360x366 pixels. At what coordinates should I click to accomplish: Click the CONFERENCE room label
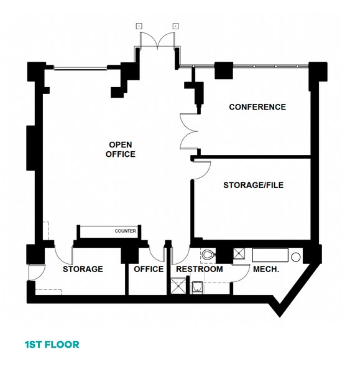pyautogui.click(x=257, y=107)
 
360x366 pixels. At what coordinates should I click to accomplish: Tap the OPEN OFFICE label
pyautogui.click(x=121, y=149)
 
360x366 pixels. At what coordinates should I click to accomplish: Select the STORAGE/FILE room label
pyautogui.click(x=249, y=185)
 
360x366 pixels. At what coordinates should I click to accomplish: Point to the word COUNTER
pyautogui.click(x=125, y=232)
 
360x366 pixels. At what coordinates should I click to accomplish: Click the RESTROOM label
pyautogui.click(x=199, y=270)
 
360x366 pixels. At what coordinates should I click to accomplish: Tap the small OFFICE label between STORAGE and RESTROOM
pyautogui.click(x=149, y=270)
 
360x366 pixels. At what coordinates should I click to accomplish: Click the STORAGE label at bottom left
pyautogui.click(x=83, y=270)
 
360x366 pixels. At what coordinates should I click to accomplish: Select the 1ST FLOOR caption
pyautogui.click(x=52, y=344)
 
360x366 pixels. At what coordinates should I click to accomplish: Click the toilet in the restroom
pyautogui.click(x=208, y=255)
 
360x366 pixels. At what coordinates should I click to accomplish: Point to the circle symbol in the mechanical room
pyautogui.click(x=297, y=256)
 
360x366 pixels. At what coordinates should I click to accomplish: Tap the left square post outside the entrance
pyautogui.click(x=139, y=26)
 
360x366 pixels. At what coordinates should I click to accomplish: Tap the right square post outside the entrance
pyautogui.click(x=175, y=26)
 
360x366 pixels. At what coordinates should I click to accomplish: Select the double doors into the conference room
pyautogui.click(x=188, y=131)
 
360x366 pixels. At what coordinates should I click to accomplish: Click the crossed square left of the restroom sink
pyautogui.click(x=178, y=286)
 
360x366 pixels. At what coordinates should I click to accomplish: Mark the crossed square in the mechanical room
pyautogui.click(x=238, y=254)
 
